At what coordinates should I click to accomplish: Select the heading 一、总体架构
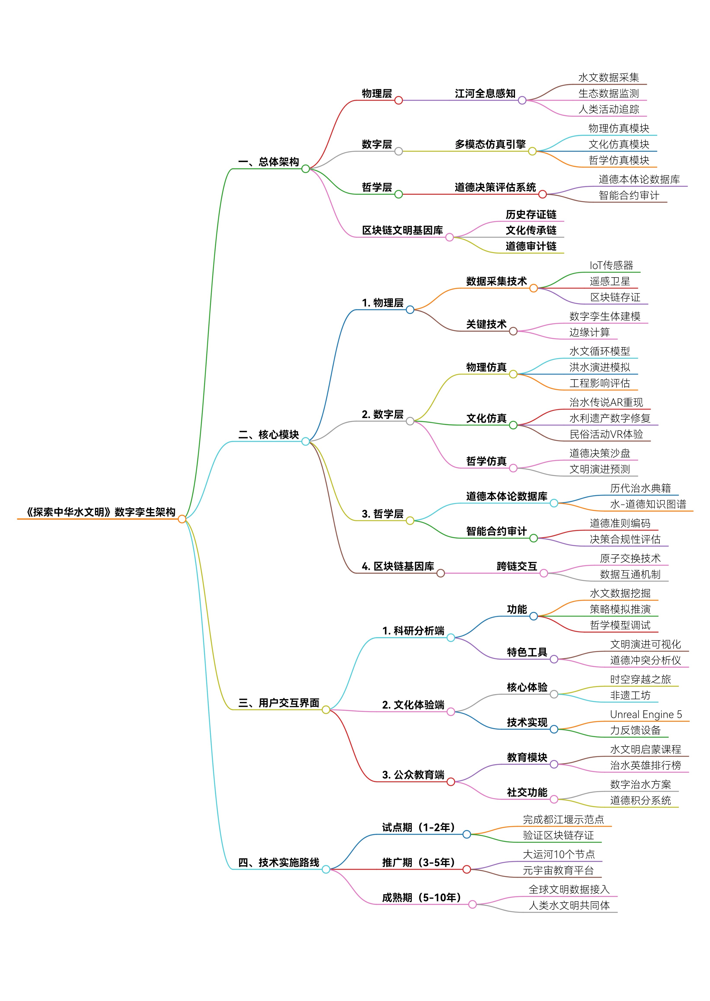(269, 162)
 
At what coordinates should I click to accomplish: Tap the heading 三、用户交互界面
(278, 703)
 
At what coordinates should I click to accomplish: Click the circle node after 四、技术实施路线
(326, 869)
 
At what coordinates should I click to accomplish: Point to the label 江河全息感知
(485, 94)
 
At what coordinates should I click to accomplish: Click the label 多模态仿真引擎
(490, 144)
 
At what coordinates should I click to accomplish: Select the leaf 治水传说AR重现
(606, 402)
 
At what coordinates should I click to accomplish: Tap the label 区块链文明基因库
(402, 231)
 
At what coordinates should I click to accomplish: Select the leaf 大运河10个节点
(559, 855)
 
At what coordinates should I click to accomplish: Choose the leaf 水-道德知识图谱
(648, 504)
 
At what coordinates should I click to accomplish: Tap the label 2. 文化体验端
(413, 705)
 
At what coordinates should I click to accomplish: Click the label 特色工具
(527, 652)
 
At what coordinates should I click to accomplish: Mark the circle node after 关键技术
(513, 332)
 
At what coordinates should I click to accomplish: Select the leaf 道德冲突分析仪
(645, 660)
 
